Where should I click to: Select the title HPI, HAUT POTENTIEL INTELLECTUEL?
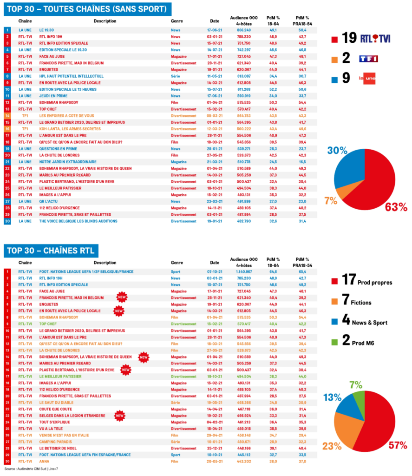pyautogui.click(x=69, y=76)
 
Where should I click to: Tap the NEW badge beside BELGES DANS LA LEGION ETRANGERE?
pyautogui.click(x=120, y=415)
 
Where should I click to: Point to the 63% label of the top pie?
pyautogui.click(x=396, y=207)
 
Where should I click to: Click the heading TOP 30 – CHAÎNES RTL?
pyautogui.click(x=50, y=251)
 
